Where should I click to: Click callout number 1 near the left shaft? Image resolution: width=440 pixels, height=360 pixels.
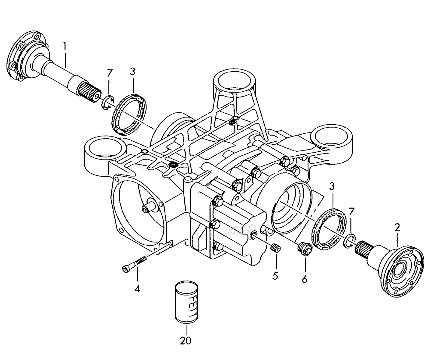[x=64, y=46]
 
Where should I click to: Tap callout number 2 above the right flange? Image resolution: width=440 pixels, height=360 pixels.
[x=397, y=227]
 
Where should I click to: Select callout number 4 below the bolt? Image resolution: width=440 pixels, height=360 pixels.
[x=137, y=288]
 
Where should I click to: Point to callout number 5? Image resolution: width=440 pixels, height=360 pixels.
[x=275, y=276]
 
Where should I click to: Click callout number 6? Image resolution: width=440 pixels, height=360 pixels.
[x=304, y=279]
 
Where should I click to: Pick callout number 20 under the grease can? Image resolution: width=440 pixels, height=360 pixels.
[x=185, y=341]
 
